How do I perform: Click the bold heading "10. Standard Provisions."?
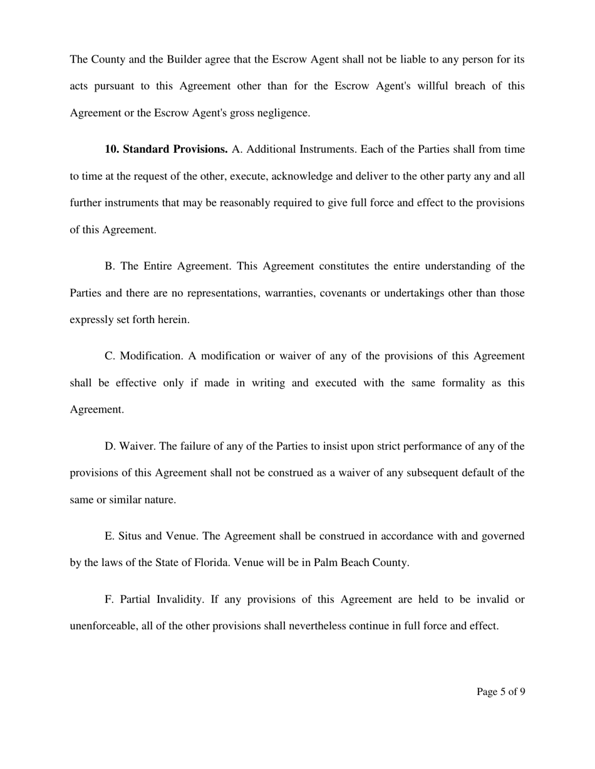[166, 150]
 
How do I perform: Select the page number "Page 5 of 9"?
[500, 692]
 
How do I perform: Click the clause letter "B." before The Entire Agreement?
[110, 266]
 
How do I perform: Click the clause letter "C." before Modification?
[110, 356]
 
